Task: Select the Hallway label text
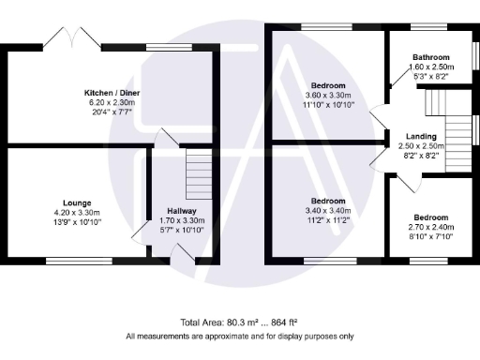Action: point(181,211)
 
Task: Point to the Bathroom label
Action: point(431,57)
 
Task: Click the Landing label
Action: point(420,137)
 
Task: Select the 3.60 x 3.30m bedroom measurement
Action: point(328,95)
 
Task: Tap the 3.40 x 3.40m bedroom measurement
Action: point(328,211)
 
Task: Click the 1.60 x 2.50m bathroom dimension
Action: point(432,67)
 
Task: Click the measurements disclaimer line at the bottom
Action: point(240,336)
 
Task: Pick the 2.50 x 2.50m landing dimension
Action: point(420,147)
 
